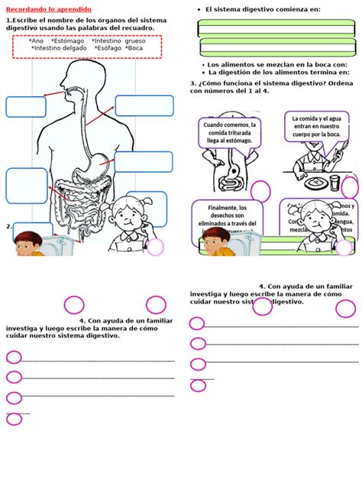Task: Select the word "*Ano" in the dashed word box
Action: point(36,41)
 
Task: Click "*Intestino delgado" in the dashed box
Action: point(58,49)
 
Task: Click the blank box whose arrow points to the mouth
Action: point(26,107)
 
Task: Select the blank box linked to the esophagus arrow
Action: point(144,105)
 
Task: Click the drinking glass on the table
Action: point(334,181)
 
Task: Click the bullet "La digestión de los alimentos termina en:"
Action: point(279,73)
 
